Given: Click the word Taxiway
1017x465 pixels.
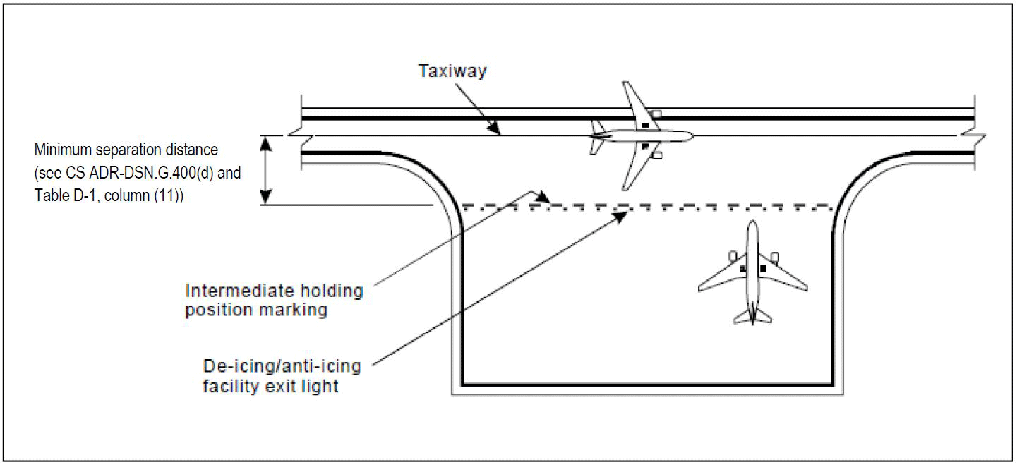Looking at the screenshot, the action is (452, 71).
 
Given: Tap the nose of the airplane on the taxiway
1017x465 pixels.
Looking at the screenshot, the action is (692, 135).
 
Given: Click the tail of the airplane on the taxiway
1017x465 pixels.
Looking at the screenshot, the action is (597, 136).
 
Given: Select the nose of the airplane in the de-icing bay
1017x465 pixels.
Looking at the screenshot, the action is (753, 222).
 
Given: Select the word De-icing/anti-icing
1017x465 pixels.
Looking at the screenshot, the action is (282, 366).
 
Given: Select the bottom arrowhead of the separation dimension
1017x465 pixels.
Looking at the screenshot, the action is (265, 198).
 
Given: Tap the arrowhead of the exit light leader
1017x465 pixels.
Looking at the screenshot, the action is (622, 216).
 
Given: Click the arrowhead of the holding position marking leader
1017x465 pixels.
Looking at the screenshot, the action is (543, 197).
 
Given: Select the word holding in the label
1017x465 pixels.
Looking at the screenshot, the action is (333, 291).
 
